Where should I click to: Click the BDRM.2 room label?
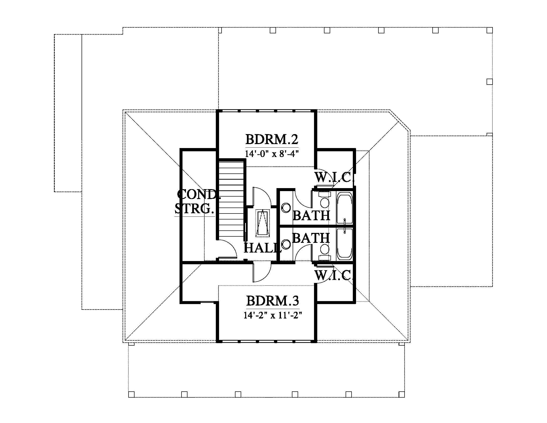pyautogui.click(x=272, y=139)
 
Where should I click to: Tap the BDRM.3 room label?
pyautogui.click(x=273, y=301)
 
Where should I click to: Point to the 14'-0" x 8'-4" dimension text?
pyautogui.click(x=272, y=153)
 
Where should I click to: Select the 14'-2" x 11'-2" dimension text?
pyautogui.click(x=273, y=315)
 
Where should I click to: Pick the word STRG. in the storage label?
pyautogui.click(x=195, y=209)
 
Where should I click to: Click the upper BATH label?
pyautogui.click(x=311, y=215)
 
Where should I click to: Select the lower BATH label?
pyautogui.click(x=311, y=238)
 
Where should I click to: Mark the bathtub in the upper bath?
pyautogui.click(x=345, y=208)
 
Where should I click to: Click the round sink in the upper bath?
pyautogui.click(x=286, y=208)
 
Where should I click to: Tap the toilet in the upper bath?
pyautogui.click(x=324, y=200)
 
